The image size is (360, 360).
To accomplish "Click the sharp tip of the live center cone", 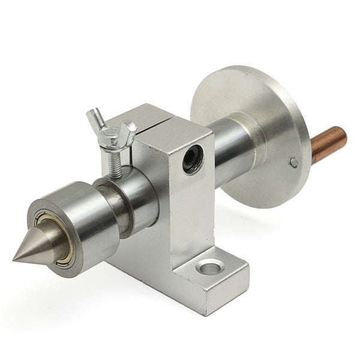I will point(14,260).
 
